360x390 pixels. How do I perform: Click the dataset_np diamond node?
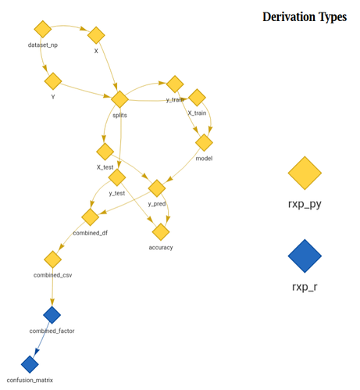click(x=43, y=29)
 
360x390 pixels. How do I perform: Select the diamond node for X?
click(x=96, y=35)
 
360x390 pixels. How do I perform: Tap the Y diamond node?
click(x=53, y=81)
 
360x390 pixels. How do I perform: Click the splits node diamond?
click(x=119, y=99)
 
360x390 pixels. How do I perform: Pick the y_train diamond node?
click(x=175, y=84)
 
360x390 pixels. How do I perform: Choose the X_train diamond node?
click(x=197, y=98)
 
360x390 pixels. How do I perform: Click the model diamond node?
click(x=204, y=143)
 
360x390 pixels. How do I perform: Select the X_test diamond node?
click(x=105, y=152)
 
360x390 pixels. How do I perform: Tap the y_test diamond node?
click(x=117, y=177)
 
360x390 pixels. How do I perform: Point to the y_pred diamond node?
click(x=157, y=188)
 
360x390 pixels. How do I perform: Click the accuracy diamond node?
click(x=161, y=232)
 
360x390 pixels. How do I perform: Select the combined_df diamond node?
click(x=91, y=217)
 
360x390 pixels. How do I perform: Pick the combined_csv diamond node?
click(x=53, y=259)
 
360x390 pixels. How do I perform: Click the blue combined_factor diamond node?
click(x=52, y=315)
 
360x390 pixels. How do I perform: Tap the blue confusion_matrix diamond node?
click(x=30, y=364)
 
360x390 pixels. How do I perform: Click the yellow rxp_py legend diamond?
click(x=305, y=173)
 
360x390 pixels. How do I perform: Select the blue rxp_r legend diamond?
click(x=305, y=256)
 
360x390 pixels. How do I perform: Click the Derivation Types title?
click(x=305, y=17)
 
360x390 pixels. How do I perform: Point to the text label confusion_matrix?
click(x=30, y=380)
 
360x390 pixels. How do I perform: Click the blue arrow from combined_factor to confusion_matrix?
click(x=41, y=338)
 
